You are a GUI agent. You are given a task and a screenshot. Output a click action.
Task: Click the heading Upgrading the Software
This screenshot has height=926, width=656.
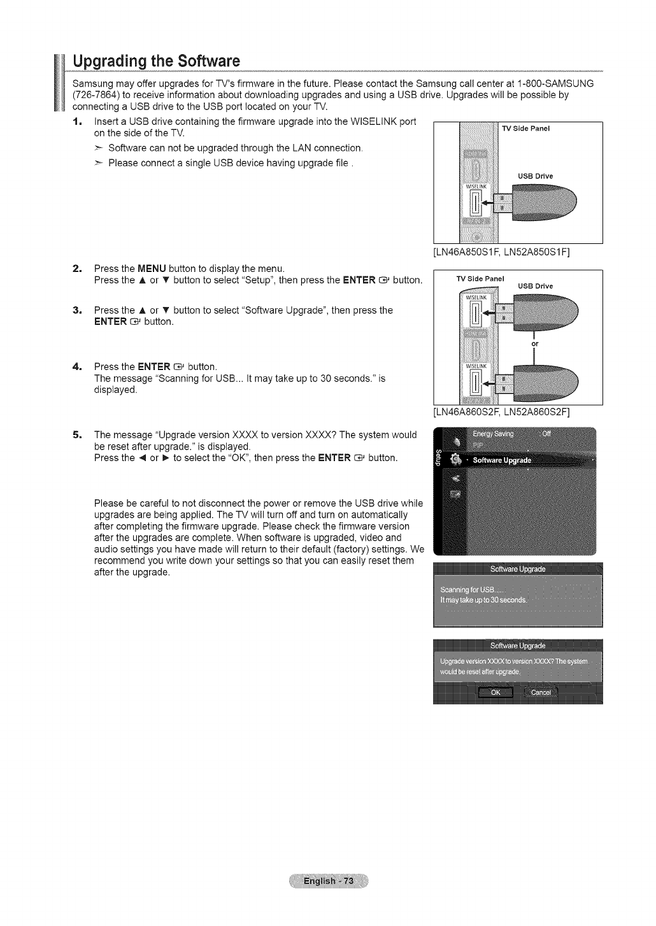[156, 62]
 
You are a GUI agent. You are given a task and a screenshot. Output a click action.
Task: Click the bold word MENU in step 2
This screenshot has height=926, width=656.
[152, 269]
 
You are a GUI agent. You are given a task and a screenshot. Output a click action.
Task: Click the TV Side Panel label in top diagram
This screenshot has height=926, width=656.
[525, 129]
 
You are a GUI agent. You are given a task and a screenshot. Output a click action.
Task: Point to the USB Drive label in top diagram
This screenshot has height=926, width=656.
[535, 176]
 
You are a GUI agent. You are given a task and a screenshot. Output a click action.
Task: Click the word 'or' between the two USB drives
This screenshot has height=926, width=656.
[535, 344]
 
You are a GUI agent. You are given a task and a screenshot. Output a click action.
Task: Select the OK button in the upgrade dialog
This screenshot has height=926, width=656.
[496, 693]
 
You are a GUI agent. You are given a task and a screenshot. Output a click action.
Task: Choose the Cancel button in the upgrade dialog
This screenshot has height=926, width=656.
[541, 693]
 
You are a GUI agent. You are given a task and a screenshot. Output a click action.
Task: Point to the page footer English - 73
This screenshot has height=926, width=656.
[327, 881]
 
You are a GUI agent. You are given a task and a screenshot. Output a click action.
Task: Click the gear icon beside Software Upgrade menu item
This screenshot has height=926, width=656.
[455, 459]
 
